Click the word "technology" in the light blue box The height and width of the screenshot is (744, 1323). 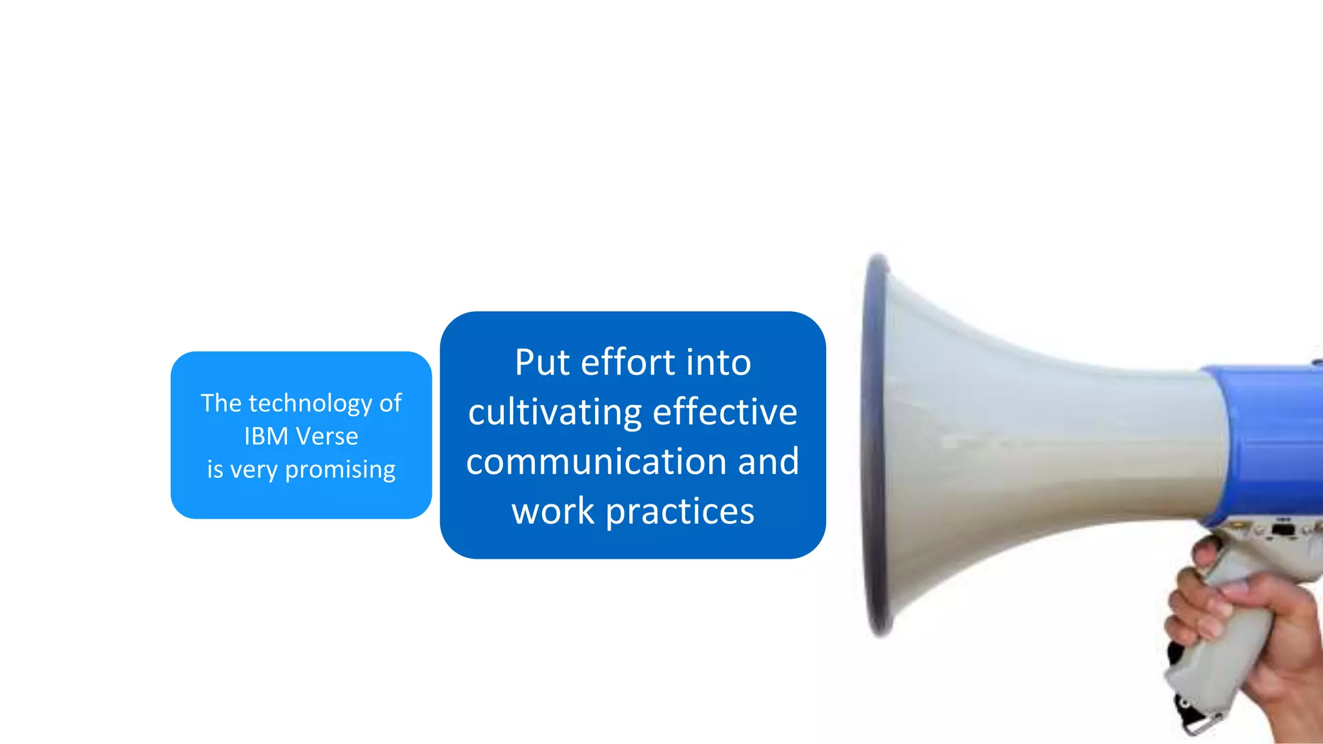pyautogui.click(x=311, y=404)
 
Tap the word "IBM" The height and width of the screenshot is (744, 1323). pyautogui.click(x=266, y=437)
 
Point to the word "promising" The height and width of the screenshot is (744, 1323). pyautogui.click(x=340, y=470)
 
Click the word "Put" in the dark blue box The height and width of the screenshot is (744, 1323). pyautogui.click(x=541, y=362)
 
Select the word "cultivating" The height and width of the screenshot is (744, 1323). pyautogui.click(x=555, y=413)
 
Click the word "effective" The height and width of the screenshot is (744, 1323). pyautogui.click(x=725, y=413)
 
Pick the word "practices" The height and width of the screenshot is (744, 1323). pyautogui.click(x=680, y=512)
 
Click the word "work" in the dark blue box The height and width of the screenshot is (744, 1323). pyautogui.click(x=553, y=512)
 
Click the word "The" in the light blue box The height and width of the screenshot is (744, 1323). pyautogui.click(x=221, y=404)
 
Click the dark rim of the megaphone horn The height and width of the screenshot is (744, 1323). pyautogui.click(x=872, y=446)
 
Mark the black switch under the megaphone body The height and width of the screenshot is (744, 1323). pyautogui.click(x=1282, y=530)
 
